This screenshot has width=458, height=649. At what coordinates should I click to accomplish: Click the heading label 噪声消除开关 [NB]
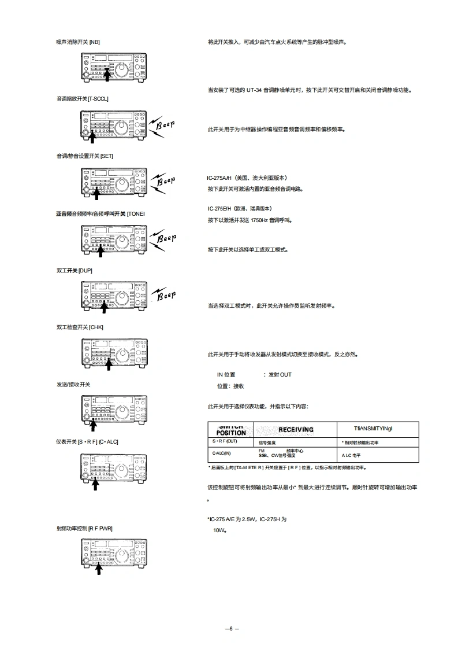[78, 42]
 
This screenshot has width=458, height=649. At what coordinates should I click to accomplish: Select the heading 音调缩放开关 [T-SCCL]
[82, 99]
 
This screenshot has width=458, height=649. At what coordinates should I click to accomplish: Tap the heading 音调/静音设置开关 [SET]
[84, 156]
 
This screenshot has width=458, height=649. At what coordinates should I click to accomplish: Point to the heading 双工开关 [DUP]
[75, 271]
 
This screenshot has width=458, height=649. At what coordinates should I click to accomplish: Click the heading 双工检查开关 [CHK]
[80, 327]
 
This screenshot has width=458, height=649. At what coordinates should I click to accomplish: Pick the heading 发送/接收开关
[73, 385]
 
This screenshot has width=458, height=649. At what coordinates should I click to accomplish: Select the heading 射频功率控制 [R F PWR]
[84, 528]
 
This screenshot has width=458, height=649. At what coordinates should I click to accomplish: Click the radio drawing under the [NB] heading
[114, 67]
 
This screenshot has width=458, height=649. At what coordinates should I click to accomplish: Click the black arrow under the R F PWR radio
[98, 569]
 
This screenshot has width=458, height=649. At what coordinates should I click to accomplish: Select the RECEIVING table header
[296, 430]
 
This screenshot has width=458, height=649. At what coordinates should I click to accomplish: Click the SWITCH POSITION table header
[231, 430]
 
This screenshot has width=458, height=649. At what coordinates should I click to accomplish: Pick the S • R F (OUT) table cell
[225, 442]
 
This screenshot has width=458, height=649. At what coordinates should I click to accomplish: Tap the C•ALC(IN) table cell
[221, 453]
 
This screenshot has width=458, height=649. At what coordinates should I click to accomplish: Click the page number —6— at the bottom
[231, 629]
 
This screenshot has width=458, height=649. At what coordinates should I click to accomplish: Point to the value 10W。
[219, 530]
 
